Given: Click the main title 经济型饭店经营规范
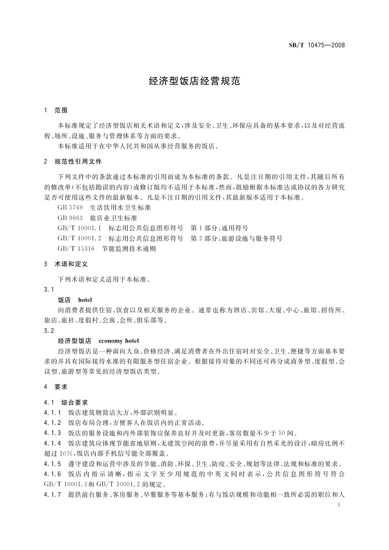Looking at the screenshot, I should coord(194,81).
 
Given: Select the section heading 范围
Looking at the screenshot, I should coord(61,110).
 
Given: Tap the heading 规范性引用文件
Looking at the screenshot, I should coord(78,161).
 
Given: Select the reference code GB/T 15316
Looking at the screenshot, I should coord(76,249).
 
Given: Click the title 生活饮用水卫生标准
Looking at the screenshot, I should coord(120,207).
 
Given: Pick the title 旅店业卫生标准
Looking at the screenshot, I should coord(113,218).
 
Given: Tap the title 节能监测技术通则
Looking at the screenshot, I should coord(129,249).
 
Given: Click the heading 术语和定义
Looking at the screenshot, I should coord(72,264).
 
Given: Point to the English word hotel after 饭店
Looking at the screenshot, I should coord(85,300).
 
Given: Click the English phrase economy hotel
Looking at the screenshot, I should coord(119,341).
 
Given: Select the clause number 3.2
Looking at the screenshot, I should coord(49,331).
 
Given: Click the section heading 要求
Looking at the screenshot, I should coord(61,387).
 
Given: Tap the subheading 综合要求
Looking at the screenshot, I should coord(75,402).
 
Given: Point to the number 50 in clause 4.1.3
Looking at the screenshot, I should coord(282,433).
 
